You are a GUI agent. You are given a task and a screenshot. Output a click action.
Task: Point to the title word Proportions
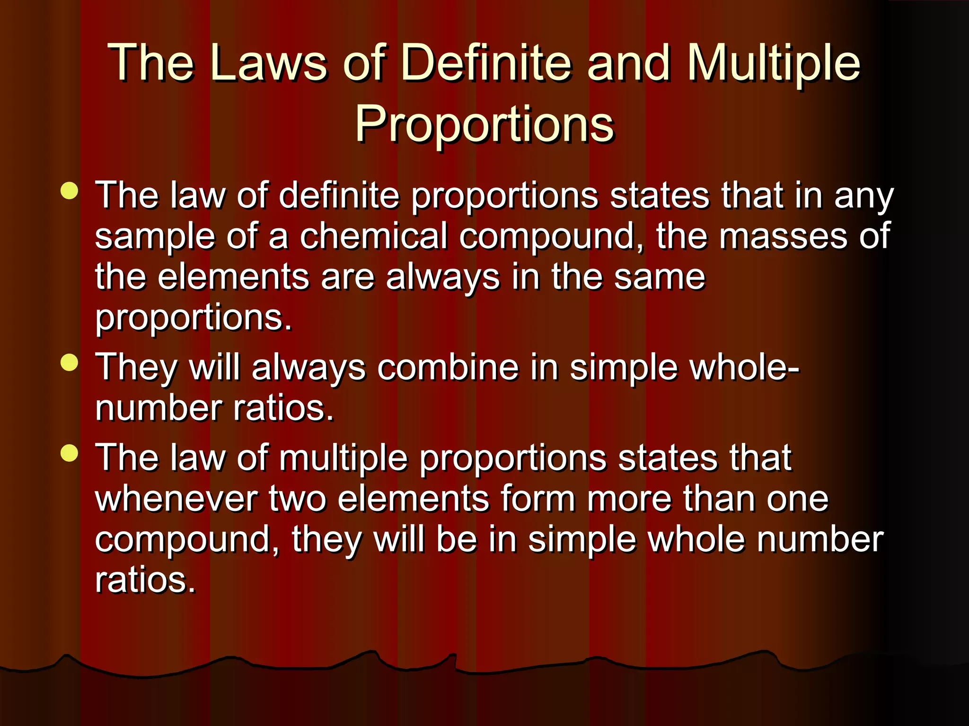pos(484,124)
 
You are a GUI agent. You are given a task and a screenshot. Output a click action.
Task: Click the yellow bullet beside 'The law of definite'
pos(70,191)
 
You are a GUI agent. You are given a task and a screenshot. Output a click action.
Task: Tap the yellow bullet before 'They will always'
pos(70,363)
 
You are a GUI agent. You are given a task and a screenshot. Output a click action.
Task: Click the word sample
pos(154,237)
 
